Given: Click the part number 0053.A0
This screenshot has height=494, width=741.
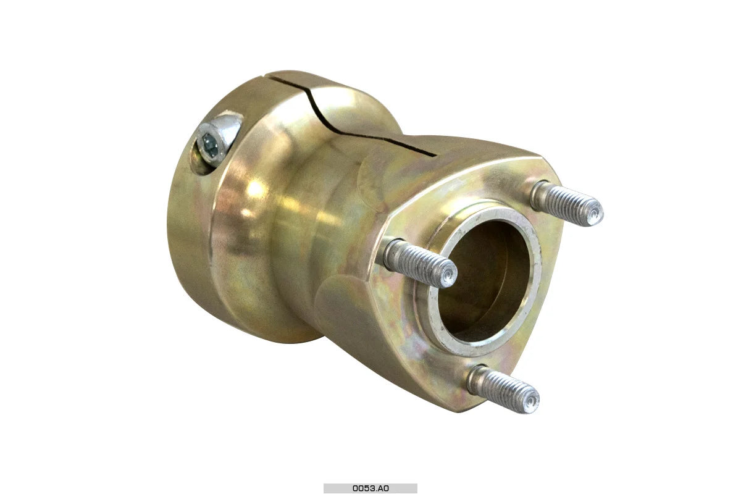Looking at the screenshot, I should [371, 488].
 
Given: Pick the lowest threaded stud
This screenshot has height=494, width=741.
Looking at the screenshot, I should [503, 389].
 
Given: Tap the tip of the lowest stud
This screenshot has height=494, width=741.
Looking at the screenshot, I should [530, 403].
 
